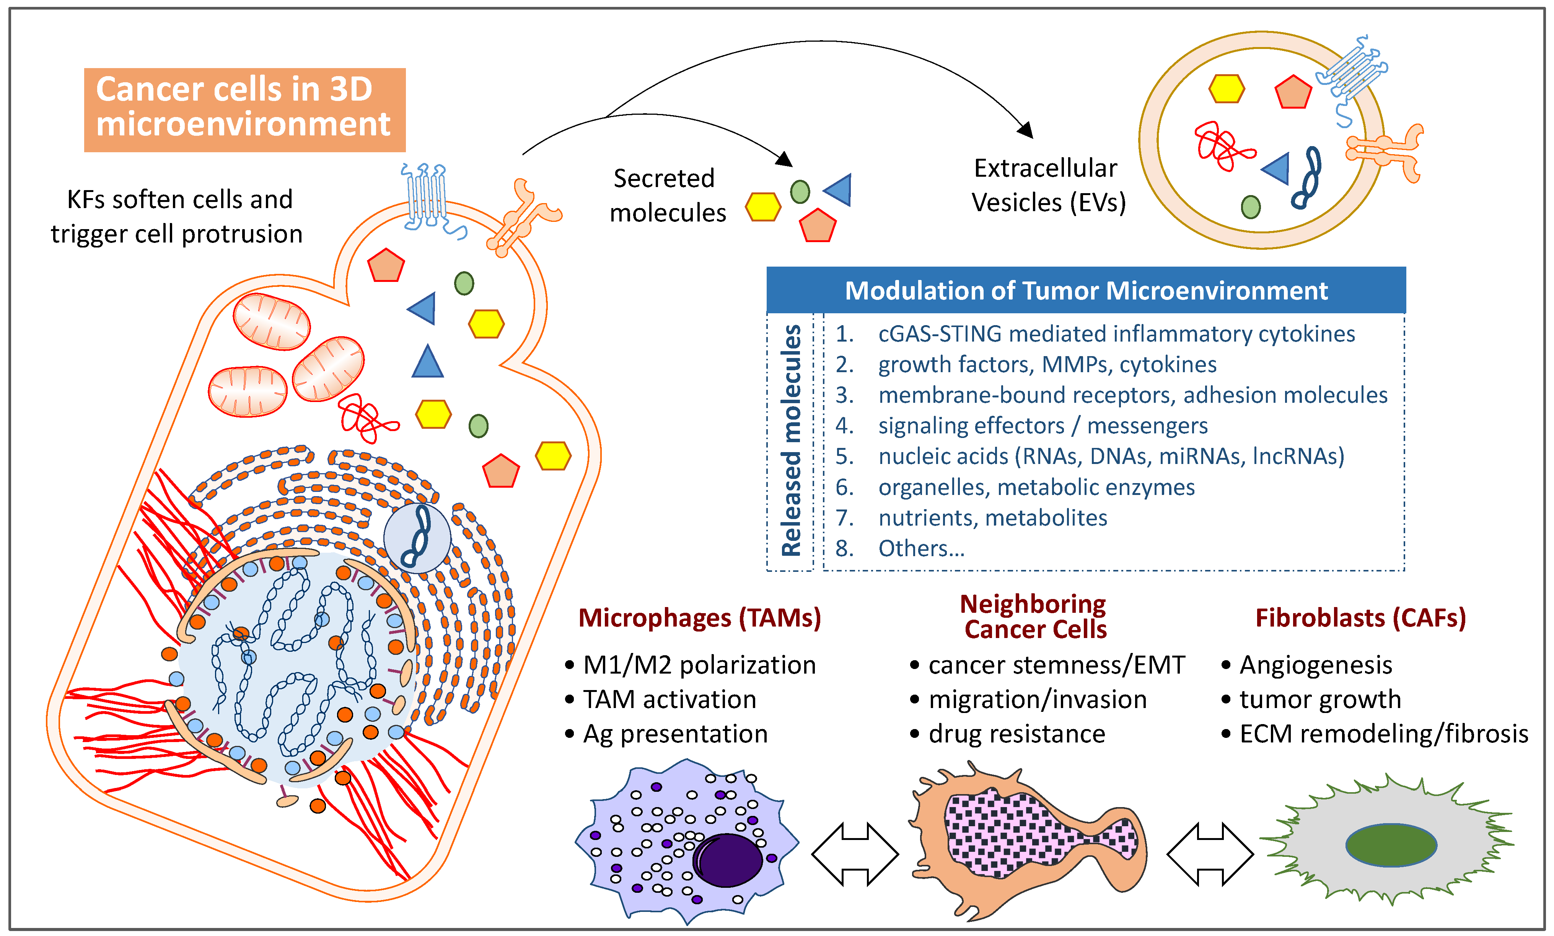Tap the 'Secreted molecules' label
pyautogui.click(x=667, y=195)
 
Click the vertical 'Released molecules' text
pyautogui.click(x=791, y=440)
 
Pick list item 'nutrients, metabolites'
pyautogui.click(x=993, y=518)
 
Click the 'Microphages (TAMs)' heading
pyautogui.click(x=699, y=617)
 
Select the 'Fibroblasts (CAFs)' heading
pyautogui.click(x=1360, y=617)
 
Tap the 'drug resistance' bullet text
pyautogui.click(x=1016, y=734)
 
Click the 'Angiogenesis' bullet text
pyautogui.click(x=1316, y=665)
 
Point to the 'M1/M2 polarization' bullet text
pyautogui.click(x=699, y=665)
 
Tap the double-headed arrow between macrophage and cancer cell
pyautogui.click(x=855, y=854)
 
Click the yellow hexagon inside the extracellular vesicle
pyautogui.click(x=1226, y=89)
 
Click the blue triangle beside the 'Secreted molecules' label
pyautogui.click(x=839, y=189)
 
